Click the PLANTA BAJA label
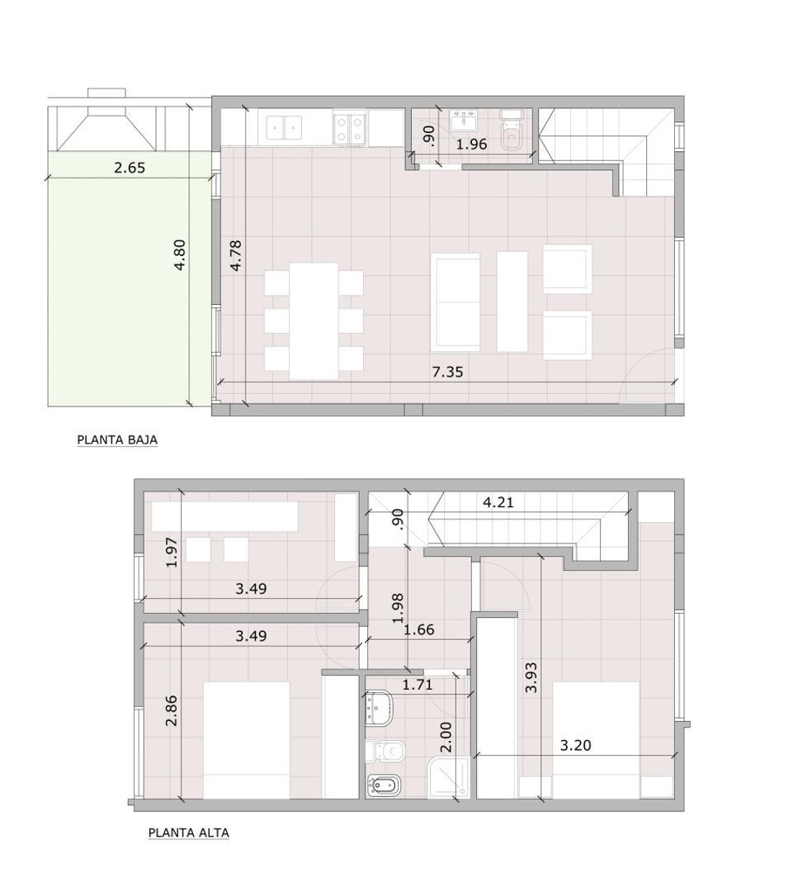117,440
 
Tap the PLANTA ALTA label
188,833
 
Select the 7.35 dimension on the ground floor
447,372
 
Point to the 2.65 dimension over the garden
130,168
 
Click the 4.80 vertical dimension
181,255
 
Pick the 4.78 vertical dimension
236,255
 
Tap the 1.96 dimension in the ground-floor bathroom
472,144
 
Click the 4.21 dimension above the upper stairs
498,501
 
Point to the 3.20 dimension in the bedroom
575,745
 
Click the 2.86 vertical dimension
171,710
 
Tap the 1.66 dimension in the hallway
418,630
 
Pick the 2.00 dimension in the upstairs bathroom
446,736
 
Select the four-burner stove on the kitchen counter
350,128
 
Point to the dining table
314,320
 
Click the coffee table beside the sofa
512,301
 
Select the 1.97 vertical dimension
171,552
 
